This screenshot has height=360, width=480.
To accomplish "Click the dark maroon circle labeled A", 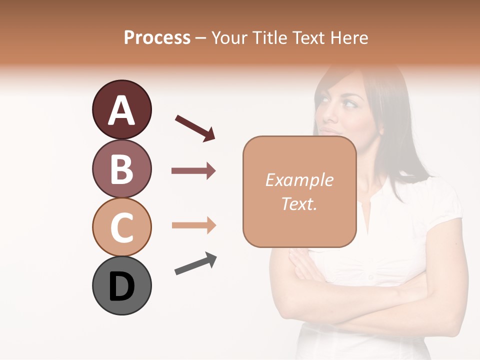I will pos(121,110).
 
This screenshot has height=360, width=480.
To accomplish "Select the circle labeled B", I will pos(121,168).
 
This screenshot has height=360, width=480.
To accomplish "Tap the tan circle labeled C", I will pos(121,227).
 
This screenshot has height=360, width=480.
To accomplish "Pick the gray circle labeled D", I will pos(121,285).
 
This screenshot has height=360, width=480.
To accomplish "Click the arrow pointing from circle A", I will pos(194,127).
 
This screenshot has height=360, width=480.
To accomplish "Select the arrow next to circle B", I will pos(193,171).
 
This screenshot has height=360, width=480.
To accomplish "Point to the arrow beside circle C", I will pos(193,225).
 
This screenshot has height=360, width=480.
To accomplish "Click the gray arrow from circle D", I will pos(195,264).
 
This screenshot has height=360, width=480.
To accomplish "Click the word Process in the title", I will pos(157,37).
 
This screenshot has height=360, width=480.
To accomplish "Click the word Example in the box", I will pos(299,180).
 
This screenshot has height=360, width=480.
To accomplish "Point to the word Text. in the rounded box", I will pos(299,203).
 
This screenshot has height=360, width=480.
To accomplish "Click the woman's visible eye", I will pos(349,103).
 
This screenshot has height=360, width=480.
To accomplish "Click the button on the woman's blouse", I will pos(370,276).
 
